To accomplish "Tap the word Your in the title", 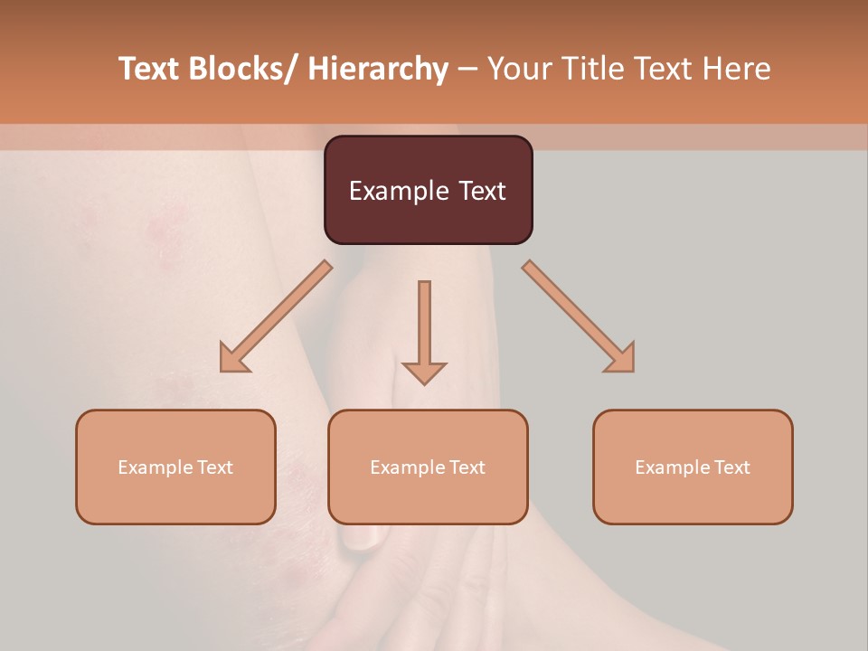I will pyautogui.click(x=521, y=69).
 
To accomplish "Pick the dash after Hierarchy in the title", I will pyautogui.click(x=467, y=71).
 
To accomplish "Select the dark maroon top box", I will pyautogui.click(x=428, y=190).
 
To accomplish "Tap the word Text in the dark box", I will pyautogui.click(x=480, y=191).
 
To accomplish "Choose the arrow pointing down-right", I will pyautogui.click(x=579, y=316).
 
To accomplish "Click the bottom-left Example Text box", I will pyautogui.click(x=175, y=467).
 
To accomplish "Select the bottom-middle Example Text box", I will pyautogui.click(x=428, y=467).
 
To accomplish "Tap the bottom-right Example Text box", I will pyautogui.click(x=693, y=467).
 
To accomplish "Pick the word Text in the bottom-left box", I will pyautogui.click(x=214, y=467).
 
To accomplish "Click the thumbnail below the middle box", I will pyautogui.click(x=362, y=538).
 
